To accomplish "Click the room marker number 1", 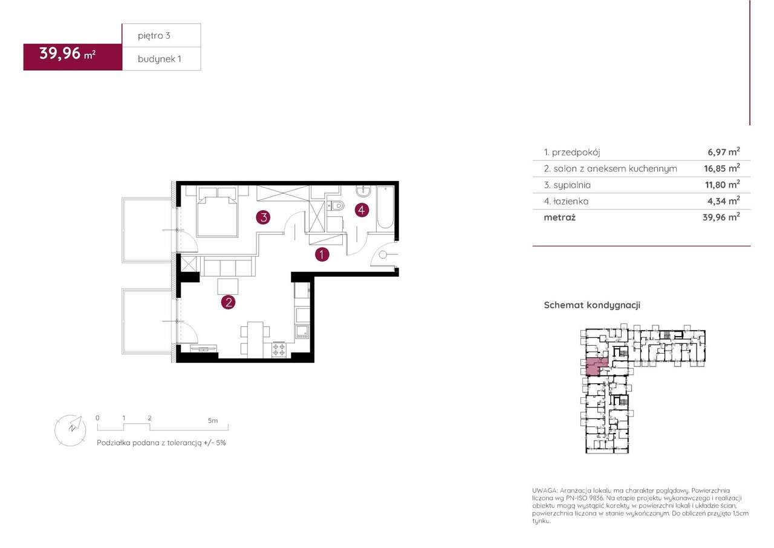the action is [322, 255].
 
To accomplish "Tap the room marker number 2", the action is [228, 302].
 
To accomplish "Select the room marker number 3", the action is [263, 217].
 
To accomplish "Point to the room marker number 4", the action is [362, 210].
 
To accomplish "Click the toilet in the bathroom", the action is [336, 206].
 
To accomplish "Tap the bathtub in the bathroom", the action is [385, 208].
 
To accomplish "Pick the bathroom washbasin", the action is [363, 190].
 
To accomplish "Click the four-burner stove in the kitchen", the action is [279, 349].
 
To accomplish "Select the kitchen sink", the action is [302, 331].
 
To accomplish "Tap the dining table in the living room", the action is [255, 340].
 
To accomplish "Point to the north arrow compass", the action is [71, 431].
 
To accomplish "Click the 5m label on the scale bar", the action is [213, 421].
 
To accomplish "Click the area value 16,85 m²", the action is [722, 168].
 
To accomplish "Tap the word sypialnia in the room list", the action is [572, 185].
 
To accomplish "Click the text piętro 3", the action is [154, 36].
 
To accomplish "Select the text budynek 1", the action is [159, 59].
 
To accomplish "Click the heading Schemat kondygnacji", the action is [592, 305].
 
